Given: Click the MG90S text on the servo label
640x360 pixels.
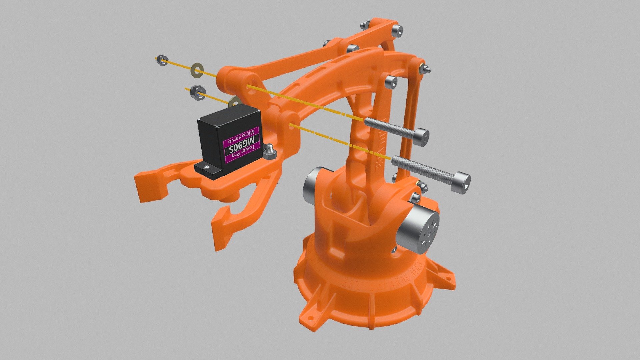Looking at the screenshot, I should (241, 145).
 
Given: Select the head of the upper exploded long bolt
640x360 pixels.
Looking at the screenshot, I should (421, 137).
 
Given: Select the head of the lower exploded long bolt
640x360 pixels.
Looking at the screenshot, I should (463, 182).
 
